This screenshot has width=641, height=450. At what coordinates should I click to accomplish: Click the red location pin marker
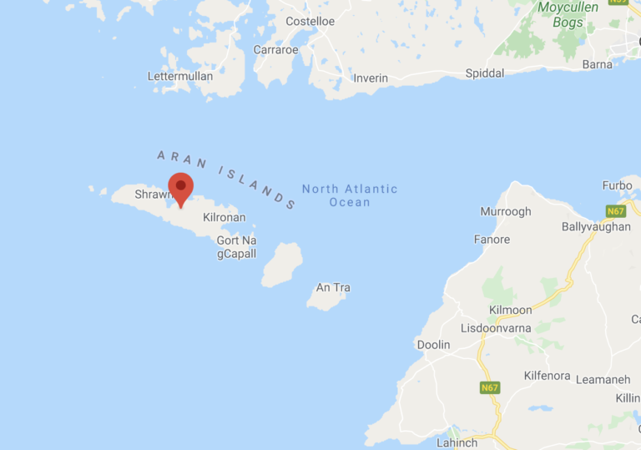click(x=180, y=187)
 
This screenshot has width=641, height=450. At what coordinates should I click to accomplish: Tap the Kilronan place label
click(x=224, y=217)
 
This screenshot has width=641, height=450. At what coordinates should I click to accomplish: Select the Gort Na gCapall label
click(x=236, y=247)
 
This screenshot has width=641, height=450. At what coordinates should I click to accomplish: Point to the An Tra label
click(x=333, y=287)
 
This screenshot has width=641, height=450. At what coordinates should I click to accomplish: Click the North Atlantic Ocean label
click(x=350, y=195)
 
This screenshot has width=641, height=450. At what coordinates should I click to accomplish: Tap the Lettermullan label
click(x=180, y=76)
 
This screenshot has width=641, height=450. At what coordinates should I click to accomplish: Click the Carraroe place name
click(x=275, y=49)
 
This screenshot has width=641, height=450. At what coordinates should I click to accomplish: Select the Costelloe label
click(x=310, y=21)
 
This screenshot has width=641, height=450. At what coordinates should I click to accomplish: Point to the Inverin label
click(x=371, y=78)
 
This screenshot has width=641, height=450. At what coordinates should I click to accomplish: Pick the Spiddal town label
click(x=484, y=73)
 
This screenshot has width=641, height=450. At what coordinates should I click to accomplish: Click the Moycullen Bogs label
click(x=571, y=15)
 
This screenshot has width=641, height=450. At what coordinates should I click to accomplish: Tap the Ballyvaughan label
click(x=596, y=226)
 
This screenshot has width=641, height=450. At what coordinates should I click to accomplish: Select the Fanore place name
click(x=492, y=240)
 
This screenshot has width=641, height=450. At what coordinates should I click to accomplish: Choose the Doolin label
click(x=433, y=345)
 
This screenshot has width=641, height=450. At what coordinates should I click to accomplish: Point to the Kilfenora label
click(x=551, y=376)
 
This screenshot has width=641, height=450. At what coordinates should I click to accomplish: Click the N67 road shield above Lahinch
click(x=490, y=388)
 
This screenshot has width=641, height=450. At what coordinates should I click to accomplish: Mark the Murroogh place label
click(x=506, y=211)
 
